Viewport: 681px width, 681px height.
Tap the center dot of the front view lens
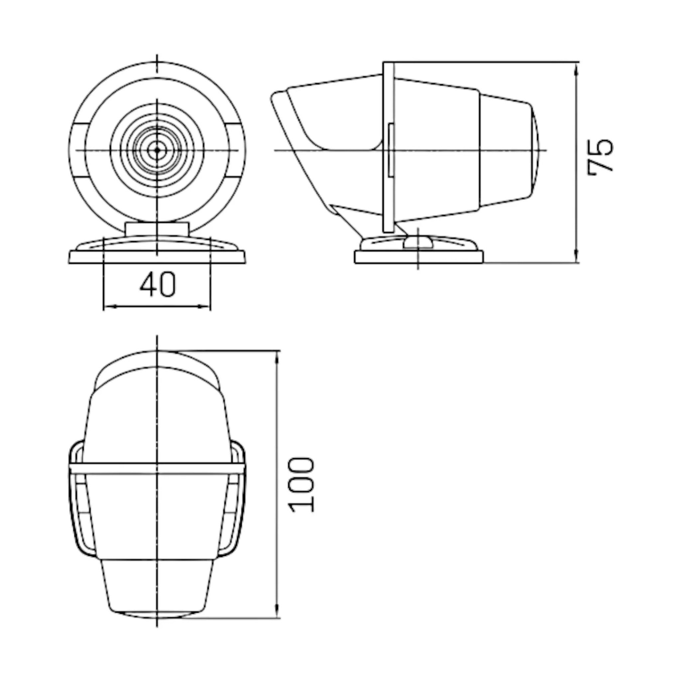pos(157,150)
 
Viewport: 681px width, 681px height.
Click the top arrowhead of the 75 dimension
pos(576,68)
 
